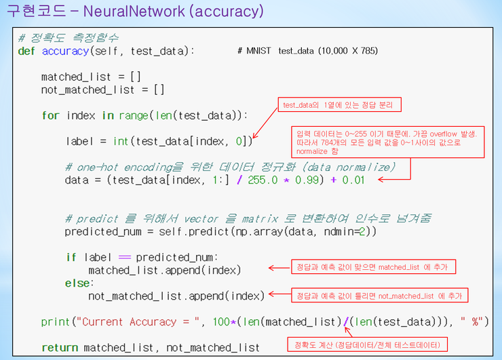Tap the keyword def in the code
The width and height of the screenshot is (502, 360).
(26, 51)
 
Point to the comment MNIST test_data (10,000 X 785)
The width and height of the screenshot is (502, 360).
(308, 51)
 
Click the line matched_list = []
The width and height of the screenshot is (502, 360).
(91, 77)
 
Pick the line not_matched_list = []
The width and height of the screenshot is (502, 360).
(102, 90)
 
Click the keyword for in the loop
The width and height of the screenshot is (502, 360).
(50, 115)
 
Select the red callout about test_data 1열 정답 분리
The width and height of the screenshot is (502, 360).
(339, 105)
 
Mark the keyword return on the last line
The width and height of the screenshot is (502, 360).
(60, 348)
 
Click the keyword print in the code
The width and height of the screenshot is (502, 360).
(55, 322)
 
